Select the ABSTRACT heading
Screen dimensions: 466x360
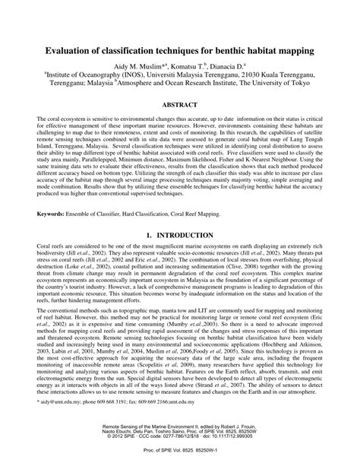179,106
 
